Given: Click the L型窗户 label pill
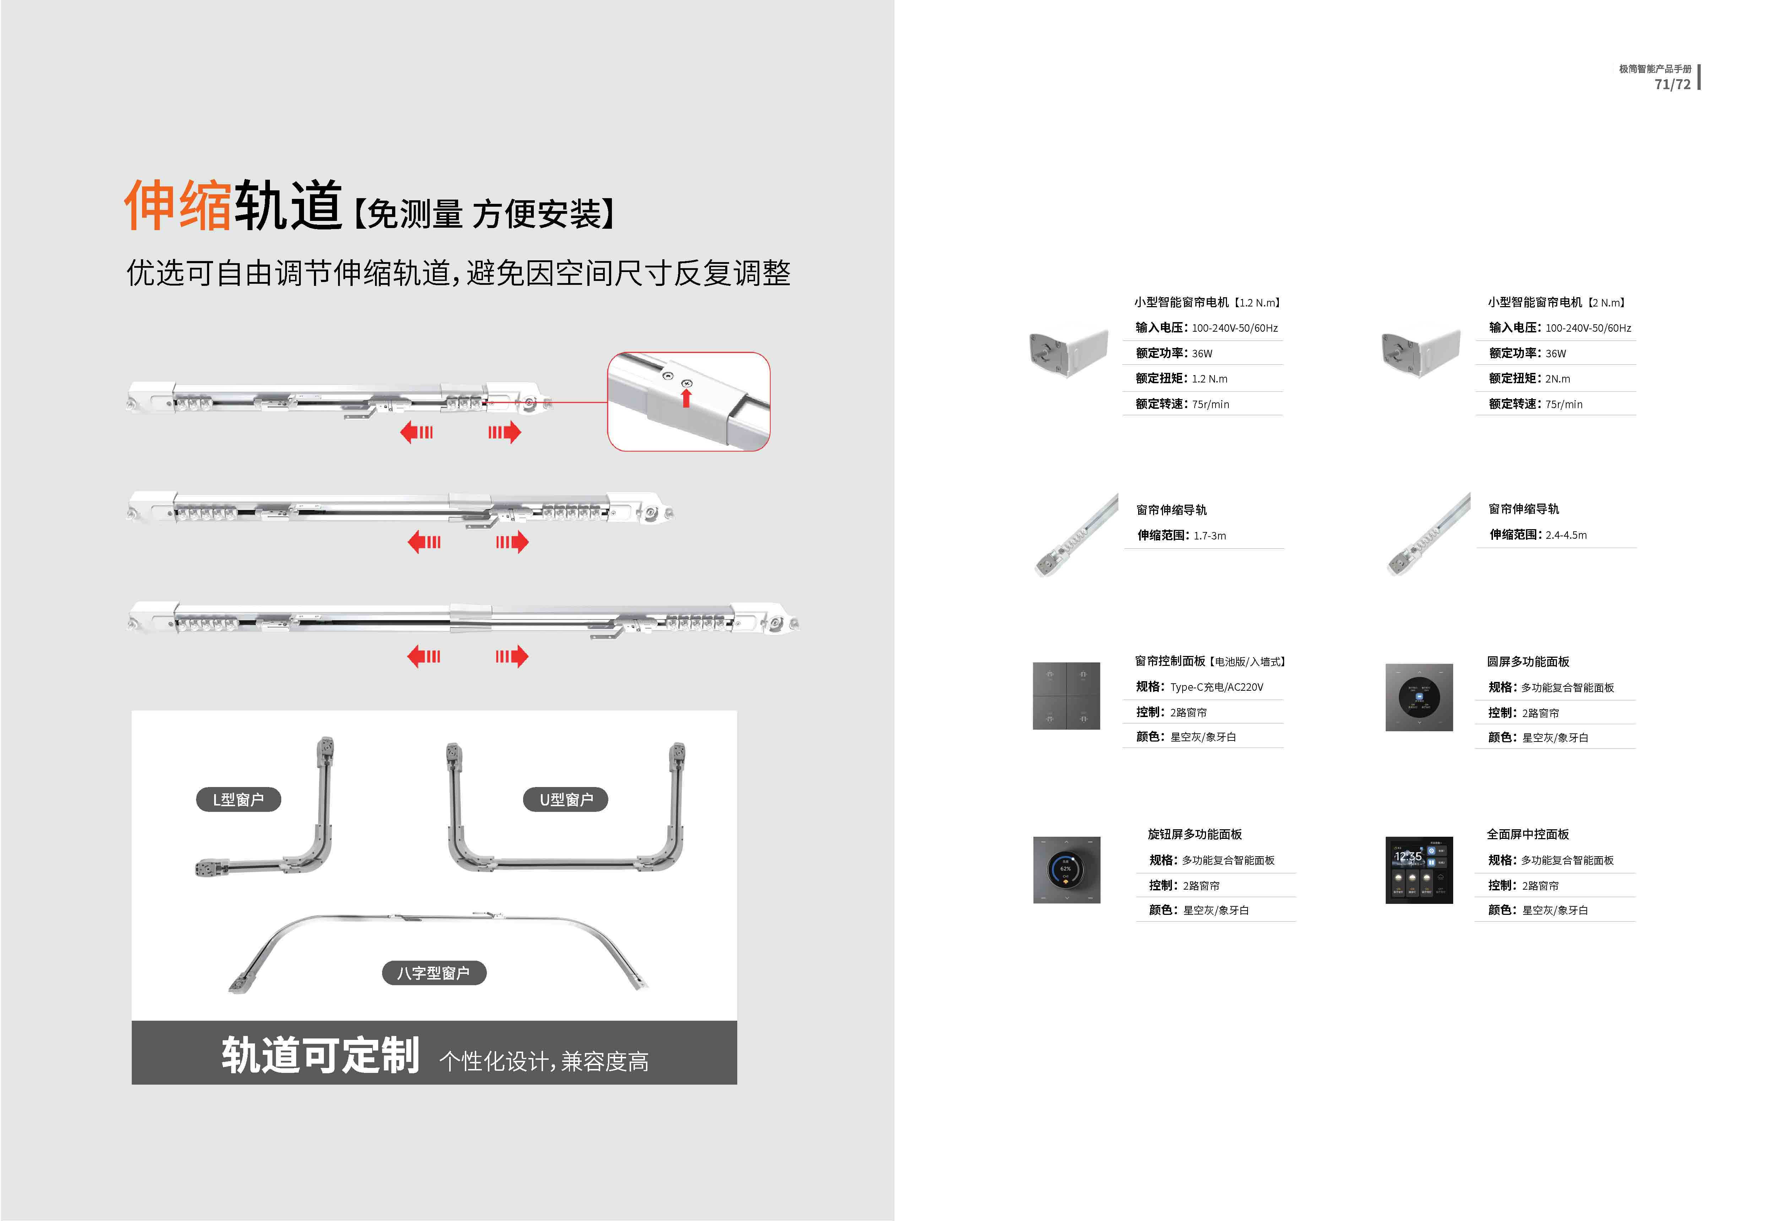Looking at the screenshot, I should (238, 800).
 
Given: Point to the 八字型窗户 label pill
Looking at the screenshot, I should (434, 973).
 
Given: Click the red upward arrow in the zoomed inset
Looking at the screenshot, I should (686, 397).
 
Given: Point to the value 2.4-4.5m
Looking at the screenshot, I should (1565, 535).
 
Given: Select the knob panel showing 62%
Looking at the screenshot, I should (1066, 870).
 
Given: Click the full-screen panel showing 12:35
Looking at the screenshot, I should (1419, 870).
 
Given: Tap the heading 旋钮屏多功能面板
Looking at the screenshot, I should (1194, 834).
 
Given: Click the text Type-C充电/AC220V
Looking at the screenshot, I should (1216, 687).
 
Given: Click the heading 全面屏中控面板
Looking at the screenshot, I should (1527, 834).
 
